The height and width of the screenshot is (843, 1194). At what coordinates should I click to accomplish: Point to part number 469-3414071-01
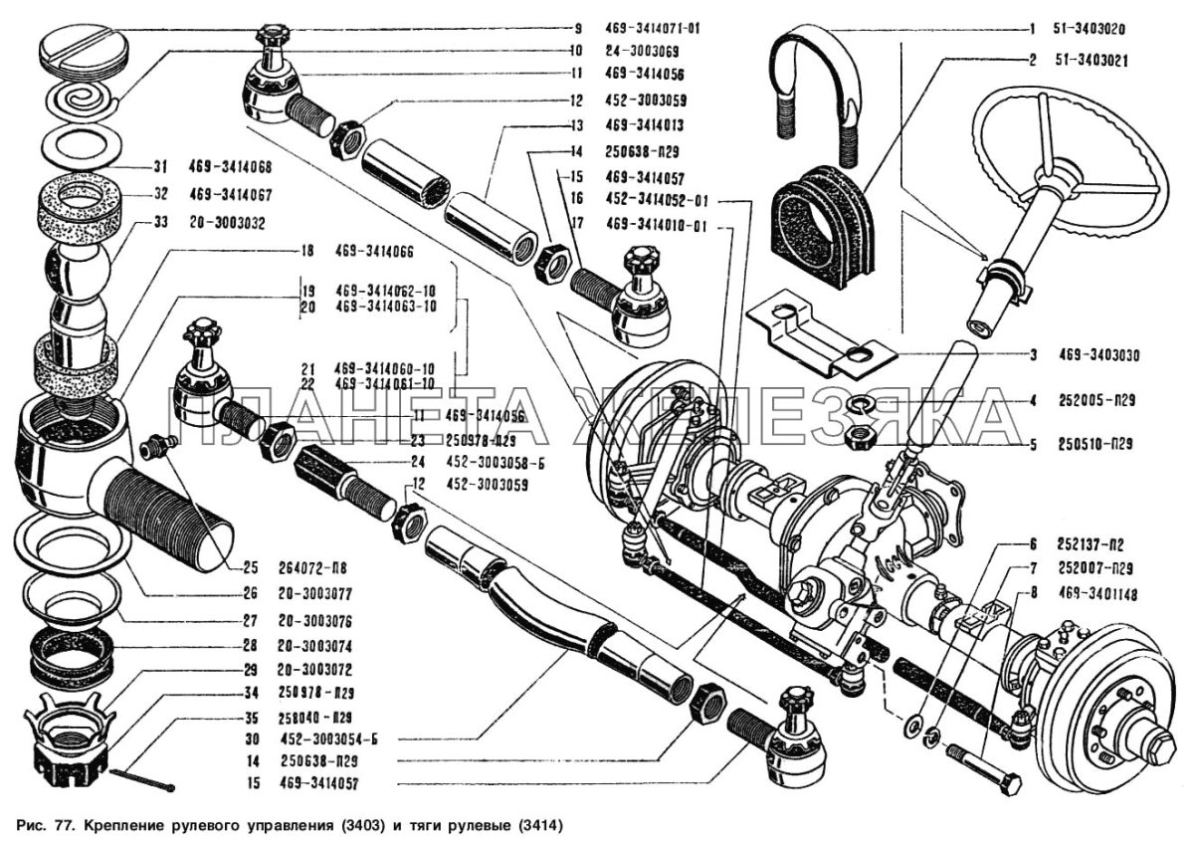(x=653, y=29)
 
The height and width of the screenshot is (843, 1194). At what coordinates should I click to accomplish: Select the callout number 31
(x=158, y=167)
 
